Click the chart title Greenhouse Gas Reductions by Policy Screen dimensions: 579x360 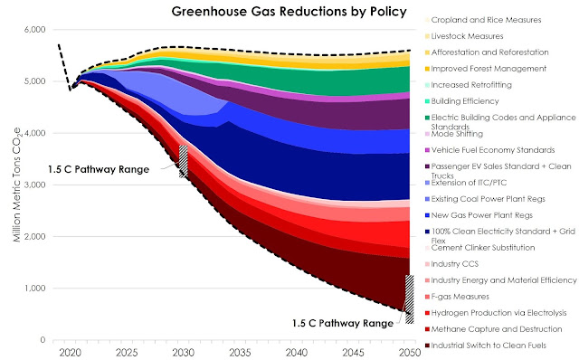pos(289,12)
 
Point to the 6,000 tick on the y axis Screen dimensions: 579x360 pos(34,30)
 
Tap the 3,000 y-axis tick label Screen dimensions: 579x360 pos(34,185)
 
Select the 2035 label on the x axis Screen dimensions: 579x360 pos(240,353)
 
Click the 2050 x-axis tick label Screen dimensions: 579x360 pos(410,353)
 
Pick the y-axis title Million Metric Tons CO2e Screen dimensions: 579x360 pos(17,185)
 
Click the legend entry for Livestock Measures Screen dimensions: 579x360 pos(464,36)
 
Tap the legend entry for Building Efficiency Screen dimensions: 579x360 pos(462,101)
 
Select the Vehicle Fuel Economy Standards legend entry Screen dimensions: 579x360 pos(490,150)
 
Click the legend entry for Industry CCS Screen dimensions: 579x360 pos(451,264)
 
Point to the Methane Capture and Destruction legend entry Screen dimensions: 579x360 pos(494,329)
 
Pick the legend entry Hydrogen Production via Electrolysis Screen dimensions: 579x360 pos(496,313)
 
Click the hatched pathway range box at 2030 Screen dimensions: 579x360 pos(184,161)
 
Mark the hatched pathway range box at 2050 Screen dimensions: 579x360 pos(410,299)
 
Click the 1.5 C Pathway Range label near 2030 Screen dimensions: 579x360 pos(99,169)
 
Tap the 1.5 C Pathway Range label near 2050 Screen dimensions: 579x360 pos(343,323)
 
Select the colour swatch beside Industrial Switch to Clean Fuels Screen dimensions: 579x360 pos(427,346)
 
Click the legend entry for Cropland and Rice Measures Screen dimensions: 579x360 pos(483,20)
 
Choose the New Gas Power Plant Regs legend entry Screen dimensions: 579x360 pos(479,215)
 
